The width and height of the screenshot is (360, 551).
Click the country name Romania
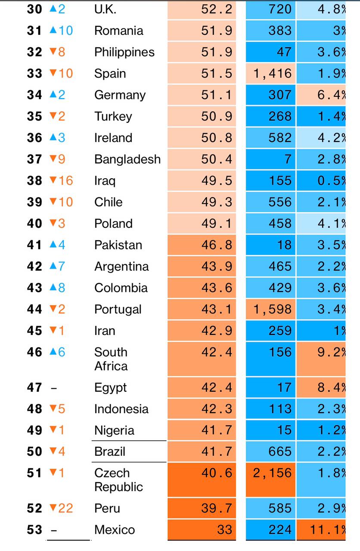[118, 31]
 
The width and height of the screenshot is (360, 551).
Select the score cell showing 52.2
[216, 9]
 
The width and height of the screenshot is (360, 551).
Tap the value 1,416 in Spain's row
[272, 73]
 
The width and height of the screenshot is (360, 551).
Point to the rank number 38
[34, 180]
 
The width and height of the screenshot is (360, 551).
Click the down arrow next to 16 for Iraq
[53, 180]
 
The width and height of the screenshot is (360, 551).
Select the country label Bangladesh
[127, 159]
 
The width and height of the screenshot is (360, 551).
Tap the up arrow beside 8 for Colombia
[53, 288]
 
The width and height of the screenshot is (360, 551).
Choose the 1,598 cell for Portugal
[272, 309]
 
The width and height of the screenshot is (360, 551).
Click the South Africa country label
[111, 359]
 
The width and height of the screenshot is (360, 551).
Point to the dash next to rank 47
[53, 388]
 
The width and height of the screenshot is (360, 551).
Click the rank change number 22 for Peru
[65, 508]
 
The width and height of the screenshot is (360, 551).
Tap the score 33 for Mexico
[224, 529]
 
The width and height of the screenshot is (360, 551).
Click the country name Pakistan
[118, 245]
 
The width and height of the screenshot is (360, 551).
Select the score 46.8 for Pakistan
[216, 245]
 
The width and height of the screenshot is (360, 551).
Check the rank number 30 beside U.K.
[34, 9]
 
